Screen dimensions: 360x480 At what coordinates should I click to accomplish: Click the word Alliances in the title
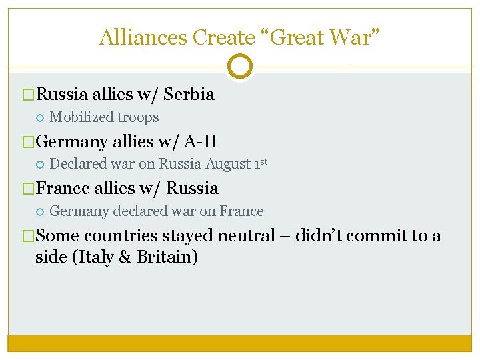tap(143, 37)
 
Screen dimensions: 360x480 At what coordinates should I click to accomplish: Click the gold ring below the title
tap(239, 67)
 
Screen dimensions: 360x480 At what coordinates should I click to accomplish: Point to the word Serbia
tap(189, 94)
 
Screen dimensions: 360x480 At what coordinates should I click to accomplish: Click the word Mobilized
tap(82, 117)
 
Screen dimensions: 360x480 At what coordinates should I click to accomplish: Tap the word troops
tap(138, 117)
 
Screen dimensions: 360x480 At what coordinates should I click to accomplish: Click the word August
tap(229, 164)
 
